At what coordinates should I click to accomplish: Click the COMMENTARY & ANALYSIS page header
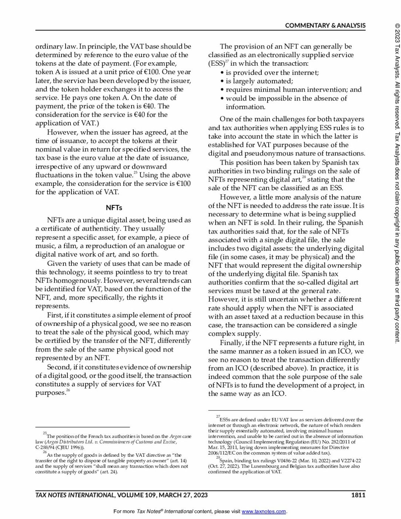point(325,26)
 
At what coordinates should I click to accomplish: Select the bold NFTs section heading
point(114,208)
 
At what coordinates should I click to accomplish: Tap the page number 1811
point(358,495)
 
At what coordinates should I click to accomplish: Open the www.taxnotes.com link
point(264,512)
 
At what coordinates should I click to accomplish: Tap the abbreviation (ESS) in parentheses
point(216,63)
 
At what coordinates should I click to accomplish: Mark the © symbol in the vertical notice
point(397,26)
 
